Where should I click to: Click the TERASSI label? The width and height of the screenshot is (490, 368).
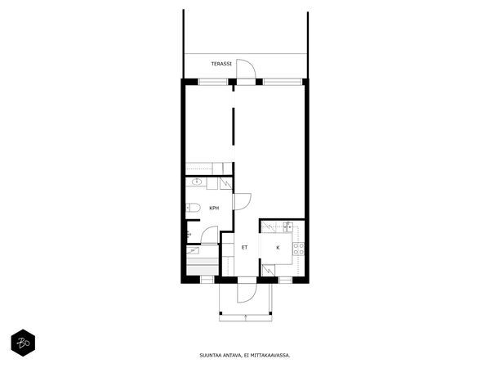(221, 64)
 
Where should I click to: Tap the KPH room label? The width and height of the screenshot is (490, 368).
(214, 208)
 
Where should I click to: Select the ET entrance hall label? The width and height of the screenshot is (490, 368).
(244, 247)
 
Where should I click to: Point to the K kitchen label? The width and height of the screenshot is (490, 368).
(278, 248)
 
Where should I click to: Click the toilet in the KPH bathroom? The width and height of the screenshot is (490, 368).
(193, 208)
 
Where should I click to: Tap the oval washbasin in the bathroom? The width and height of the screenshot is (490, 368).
(197, 182)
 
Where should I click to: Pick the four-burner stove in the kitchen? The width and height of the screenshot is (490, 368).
(298, 249)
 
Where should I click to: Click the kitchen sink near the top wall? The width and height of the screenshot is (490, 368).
(287, 227)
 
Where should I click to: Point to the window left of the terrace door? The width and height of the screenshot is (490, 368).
(213, 82)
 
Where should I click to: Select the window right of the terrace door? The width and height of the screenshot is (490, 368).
(283, 82)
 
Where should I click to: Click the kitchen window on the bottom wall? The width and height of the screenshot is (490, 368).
(285, 280)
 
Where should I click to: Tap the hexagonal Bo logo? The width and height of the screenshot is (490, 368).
(23, 343)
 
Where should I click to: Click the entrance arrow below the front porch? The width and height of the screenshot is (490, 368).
(246, 318)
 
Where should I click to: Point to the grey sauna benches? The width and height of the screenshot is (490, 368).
(203, 266)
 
